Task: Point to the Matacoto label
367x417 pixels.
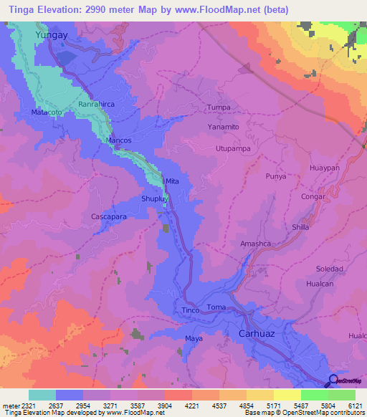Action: (x=49, y=113)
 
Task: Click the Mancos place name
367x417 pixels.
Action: (x=119, y=140)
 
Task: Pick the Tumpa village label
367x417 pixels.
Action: (x=219, y=107)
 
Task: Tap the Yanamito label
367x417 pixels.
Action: (x=223, y=126)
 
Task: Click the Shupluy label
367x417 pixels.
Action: (x=154, y=200)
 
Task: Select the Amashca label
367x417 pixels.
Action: (x=254, y=244)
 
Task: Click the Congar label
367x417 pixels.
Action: (x=313, y=196)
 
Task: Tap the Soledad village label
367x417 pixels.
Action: (x=330, y=269)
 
